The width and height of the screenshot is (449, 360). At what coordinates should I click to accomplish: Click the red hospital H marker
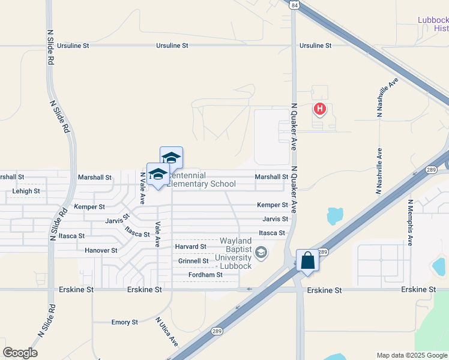click(x=321, y=109)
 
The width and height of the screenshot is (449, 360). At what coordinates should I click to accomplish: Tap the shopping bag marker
click(x=307, y=260)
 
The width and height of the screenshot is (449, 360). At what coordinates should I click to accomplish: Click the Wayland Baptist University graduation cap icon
click(x=261, y=251)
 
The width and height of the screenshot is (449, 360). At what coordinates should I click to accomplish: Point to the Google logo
click(x=20, y=353)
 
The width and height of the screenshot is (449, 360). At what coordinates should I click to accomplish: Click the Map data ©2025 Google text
click(x=411, y=355)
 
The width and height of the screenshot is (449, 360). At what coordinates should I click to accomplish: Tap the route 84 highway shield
click(x=293, y=5)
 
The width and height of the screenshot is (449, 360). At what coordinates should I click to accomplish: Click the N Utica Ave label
click(x=166, y=331)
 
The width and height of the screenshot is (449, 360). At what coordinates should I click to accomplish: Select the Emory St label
click(x=125, y=322)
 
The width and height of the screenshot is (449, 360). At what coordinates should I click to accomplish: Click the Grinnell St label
click(x=193, y=261)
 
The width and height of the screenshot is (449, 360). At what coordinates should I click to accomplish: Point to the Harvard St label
click(x=191, y=247)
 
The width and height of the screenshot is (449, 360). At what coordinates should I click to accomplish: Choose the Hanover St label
click(x=101, y=250)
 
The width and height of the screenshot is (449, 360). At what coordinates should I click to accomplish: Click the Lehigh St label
click(x=26, y=191)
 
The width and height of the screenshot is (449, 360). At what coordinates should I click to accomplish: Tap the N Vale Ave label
click(x=143, y=188)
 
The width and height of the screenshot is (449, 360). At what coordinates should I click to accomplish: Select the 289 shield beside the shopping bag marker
click(x=322, y=252)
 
